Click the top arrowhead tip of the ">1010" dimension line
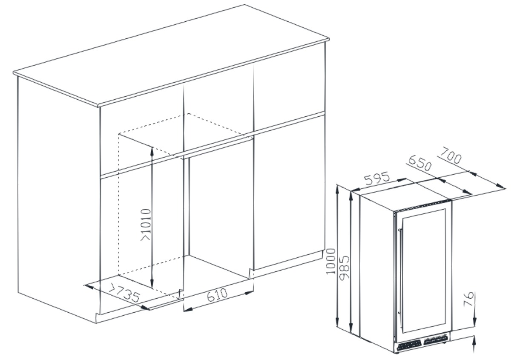[152, 147]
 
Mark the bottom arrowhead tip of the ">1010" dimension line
[152, 288]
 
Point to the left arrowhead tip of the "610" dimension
[184, 311]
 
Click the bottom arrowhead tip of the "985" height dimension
[351, 333]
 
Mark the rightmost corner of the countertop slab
[329, 39]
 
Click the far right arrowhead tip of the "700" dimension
[505, 188]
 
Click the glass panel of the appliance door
[424, 271]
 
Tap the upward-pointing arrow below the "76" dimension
[474, 344]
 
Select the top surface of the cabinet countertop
[171, 55]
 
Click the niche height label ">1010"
[146, 225]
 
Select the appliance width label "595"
[377, 178]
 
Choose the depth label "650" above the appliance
[419, 164]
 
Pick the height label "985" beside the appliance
[345, 268]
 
